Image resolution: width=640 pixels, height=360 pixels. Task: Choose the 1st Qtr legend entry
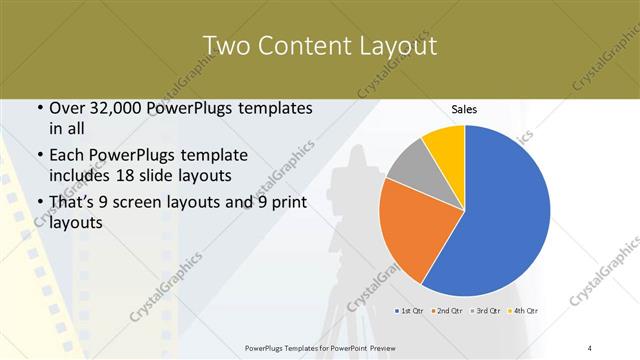(410, 311)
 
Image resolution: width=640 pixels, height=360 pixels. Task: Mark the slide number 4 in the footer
(590, 347)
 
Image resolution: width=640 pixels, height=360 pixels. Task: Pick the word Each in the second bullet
(68, 156)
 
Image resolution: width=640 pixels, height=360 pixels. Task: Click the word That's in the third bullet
(73, 203)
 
